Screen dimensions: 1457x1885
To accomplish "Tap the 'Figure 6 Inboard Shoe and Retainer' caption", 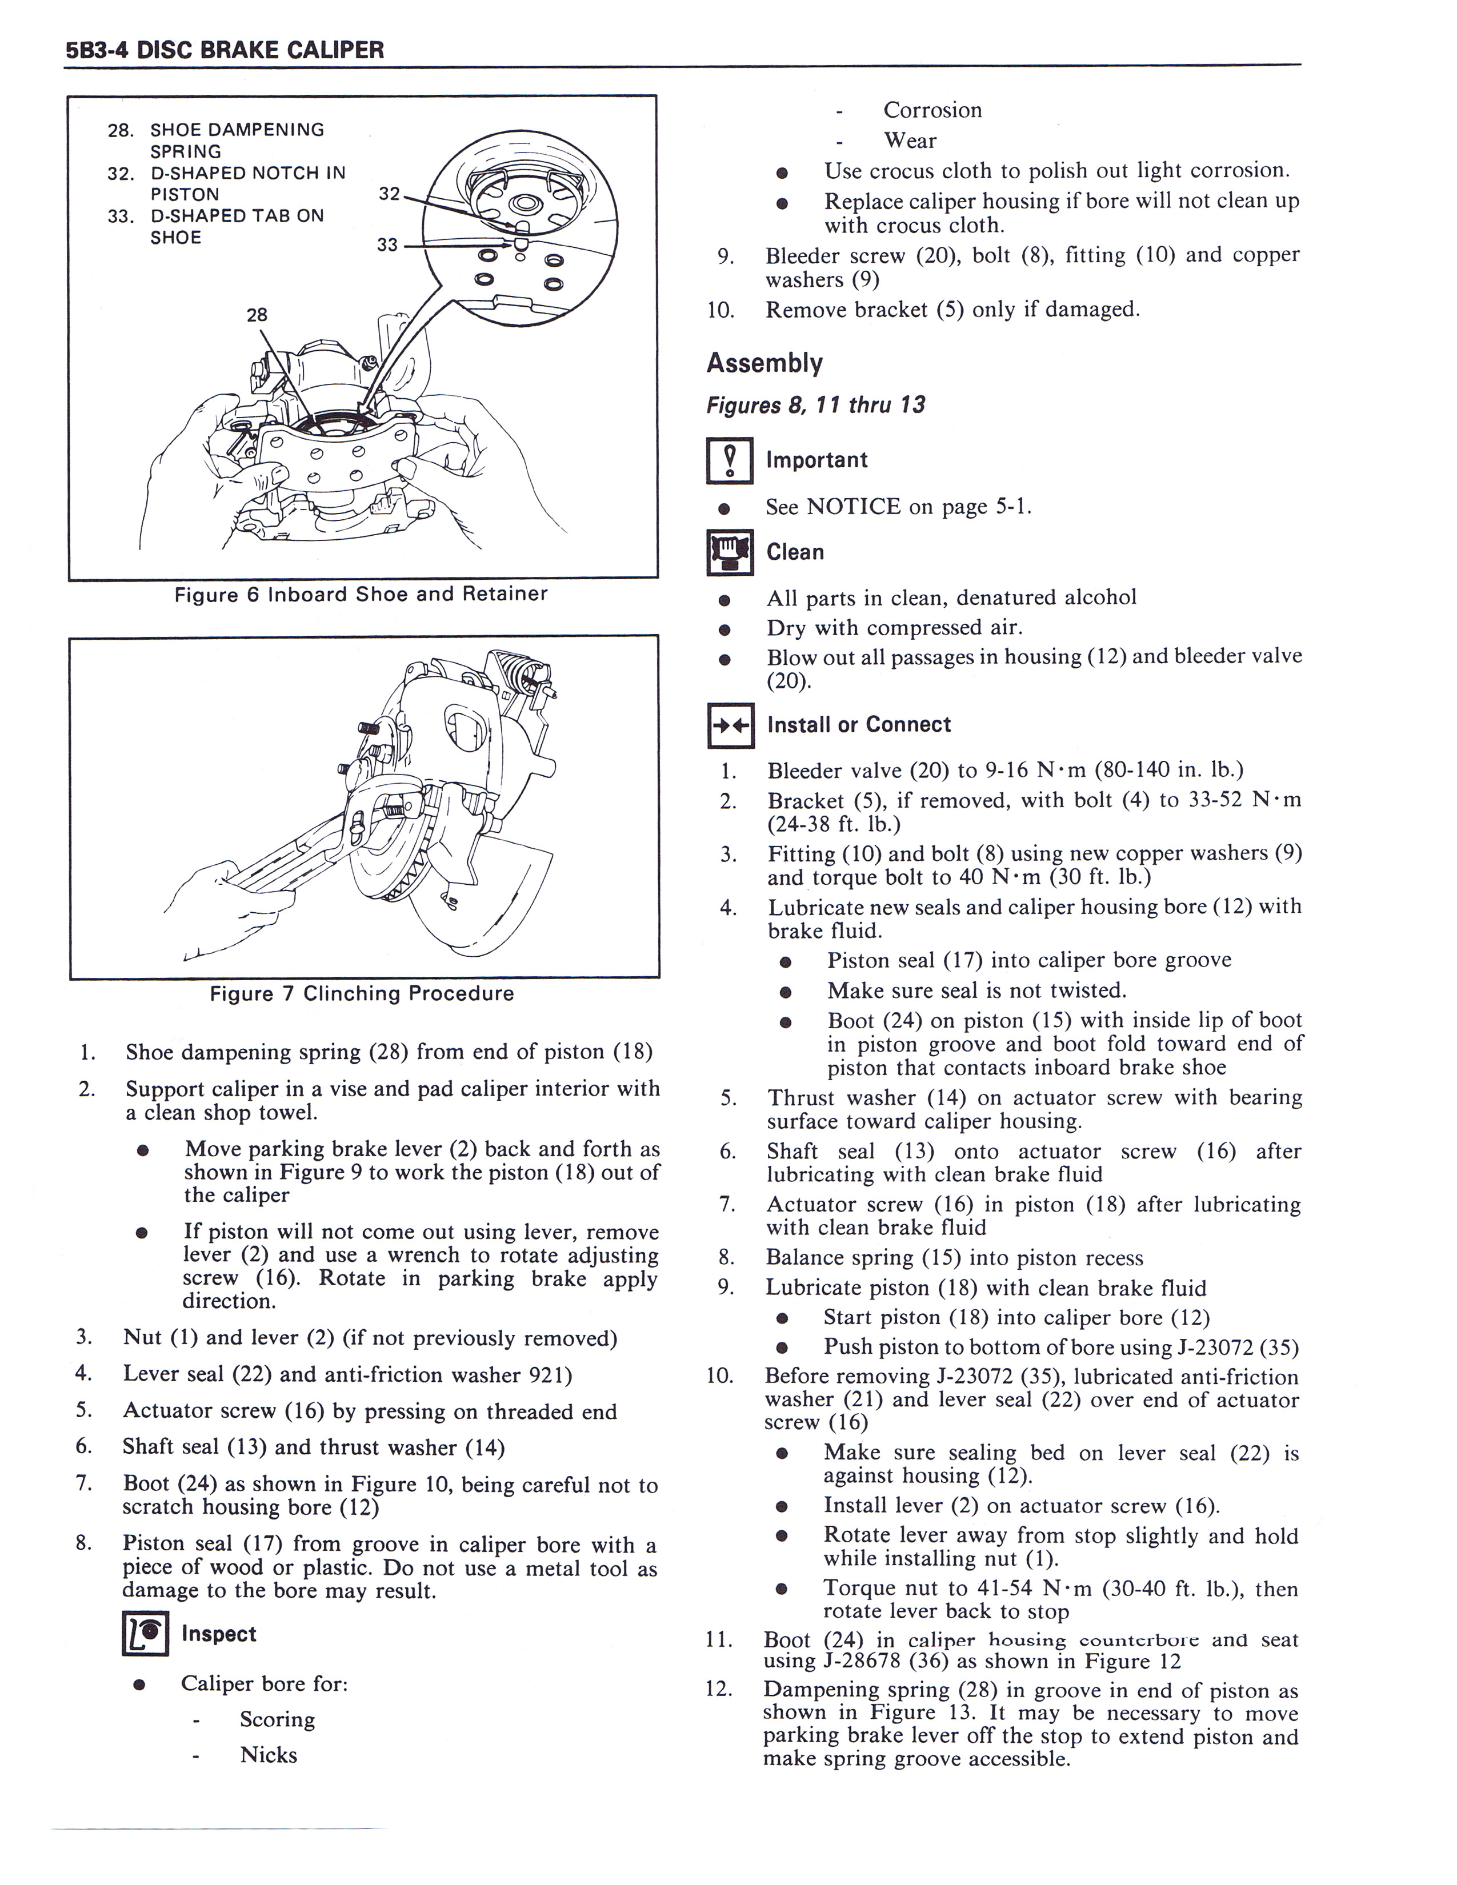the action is pos(361,594).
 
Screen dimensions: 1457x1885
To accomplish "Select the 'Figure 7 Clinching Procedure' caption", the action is pos(362,993).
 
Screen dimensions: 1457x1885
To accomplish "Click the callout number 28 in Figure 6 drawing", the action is pos(257,315).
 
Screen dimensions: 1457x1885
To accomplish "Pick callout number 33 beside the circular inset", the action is pos(387,245).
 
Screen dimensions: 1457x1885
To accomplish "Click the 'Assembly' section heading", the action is pos(764,363).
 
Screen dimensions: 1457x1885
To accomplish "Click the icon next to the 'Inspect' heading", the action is pos(145,1634).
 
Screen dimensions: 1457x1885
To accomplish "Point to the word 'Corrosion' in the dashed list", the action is pos(932,110).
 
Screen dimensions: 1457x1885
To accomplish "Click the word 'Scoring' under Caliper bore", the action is pos(277,1719).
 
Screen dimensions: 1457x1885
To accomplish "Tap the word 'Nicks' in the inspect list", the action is pos(269,1755).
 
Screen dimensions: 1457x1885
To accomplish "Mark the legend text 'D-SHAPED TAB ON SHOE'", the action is pos(237,226).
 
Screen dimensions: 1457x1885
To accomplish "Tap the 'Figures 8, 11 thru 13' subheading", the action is pos(816,405).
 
